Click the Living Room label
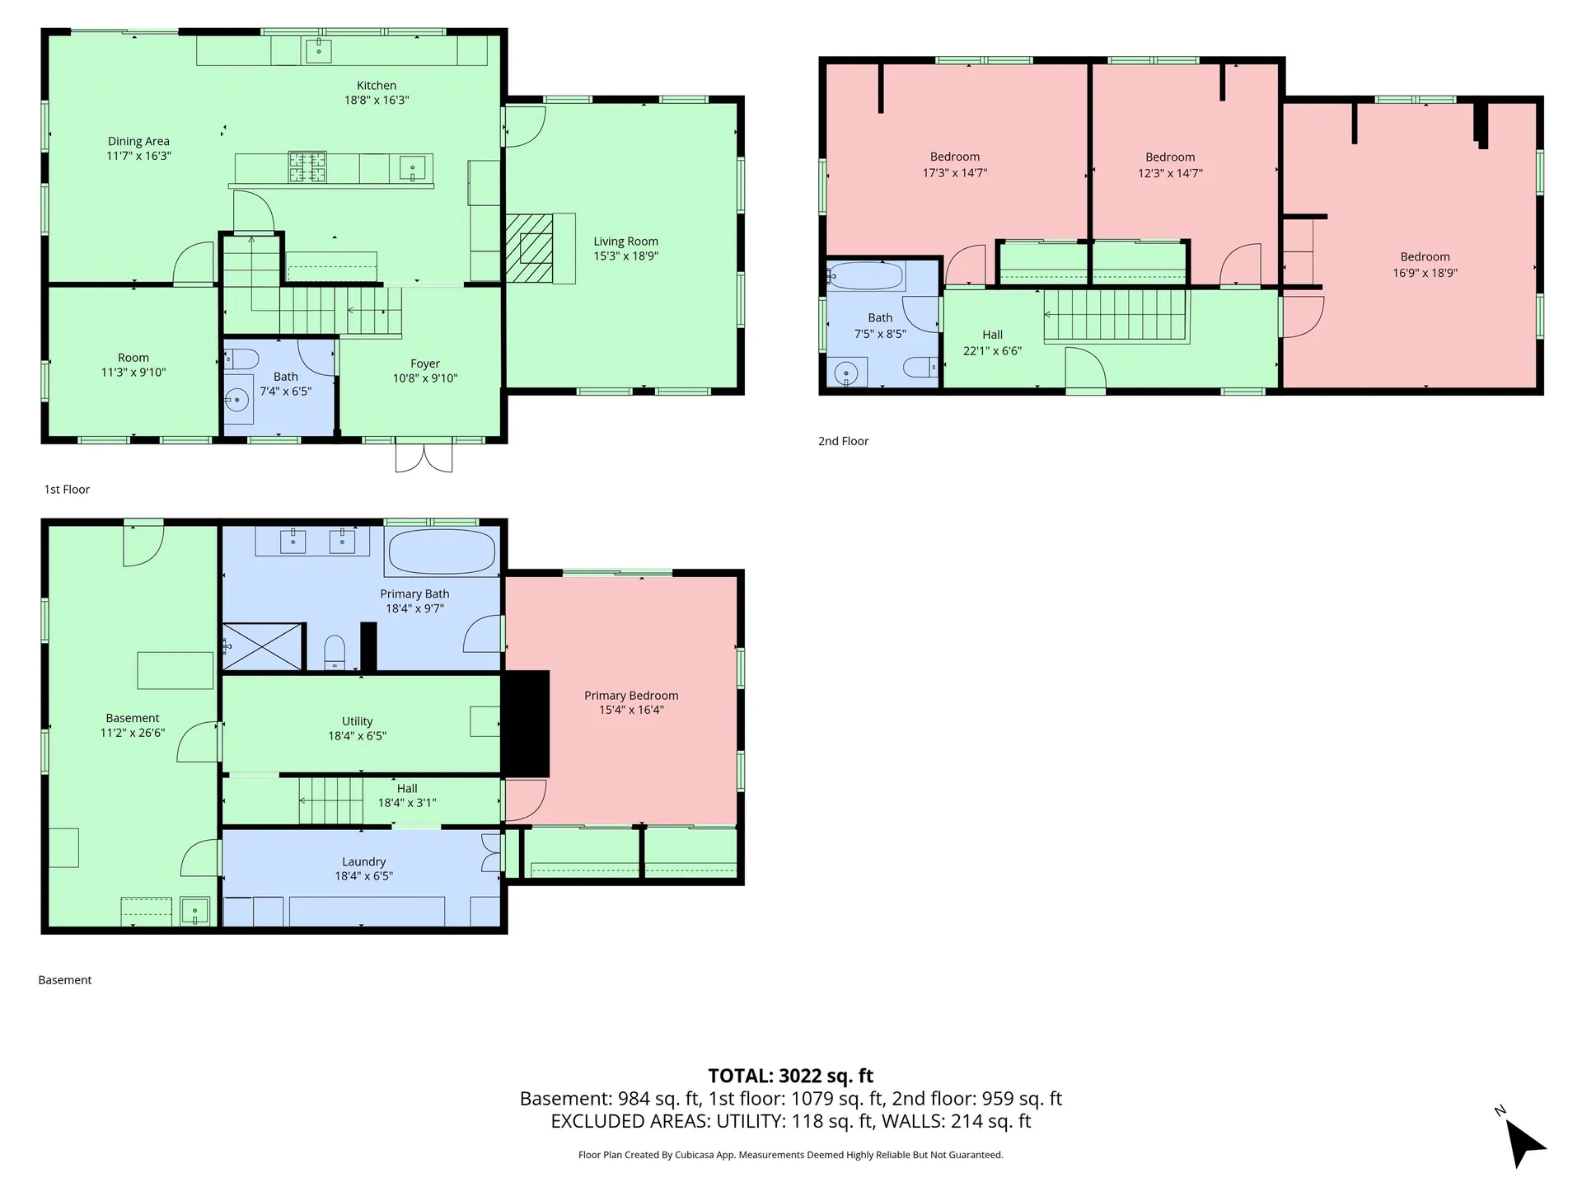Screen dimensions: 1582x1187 (625, 242)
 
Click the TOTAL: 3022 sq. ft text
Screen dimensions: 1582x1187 (790, 1076)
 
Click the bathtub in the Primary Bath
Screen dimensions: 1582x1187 (442, 551)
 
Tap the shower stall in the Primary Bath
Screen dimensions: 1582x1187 (262, 646)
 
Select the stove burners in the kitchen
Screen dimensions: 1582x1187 (307, 167)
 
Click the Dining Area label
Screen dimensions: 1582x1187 (138, 141)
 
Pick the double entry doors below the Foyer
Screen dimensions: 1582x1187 (424, 457)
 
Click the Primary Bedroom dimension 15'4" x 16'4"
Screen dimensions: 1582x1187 (631, 710)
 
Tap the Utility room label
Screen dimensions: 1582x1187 (357, 721)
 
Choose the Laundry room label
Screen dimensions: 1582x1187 (363, 861)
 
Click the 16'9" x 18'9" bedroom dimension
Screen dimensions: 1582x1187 (1425, 273)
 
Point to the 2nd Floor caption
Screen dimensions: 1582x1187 (843, 441)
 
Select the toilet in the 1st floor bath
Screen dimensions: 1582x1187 (241, 359)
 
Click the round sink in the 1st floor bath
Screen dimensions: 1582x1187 (237, 401)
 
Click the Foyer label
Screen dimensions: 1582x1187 (425, 364)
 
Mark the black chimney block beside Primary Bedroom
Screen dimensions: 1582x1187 (525, 723)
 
